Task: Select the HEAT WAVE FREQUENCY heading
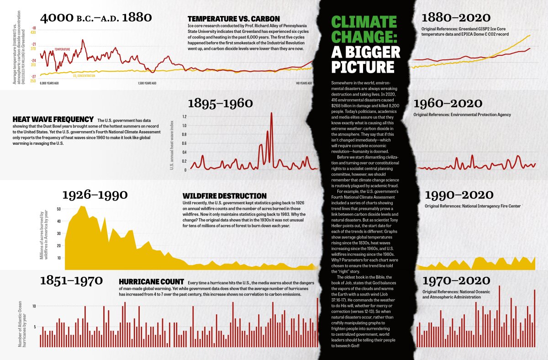pos(53,119)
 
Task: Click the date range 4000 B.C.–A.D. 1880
pos(96,18)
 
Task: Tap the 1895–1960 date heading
pos(220,103)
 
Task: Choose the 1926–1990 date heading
pos(95,195)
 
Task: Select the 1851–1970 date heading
pos(71,280)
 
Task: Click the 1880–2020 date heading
pos(456,18)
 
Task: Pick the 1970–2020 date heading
pos(456,280)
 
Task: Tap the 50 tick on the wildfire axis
pos(58,209)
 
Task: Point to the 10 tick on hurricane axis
pos(34,306)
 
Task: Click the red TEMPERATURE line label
pos(62,48)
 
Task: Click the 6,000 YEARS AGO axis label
pos(50,84)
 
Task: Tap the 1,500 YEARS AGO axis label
pos(147,84)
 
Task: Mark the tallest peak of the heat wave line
pos(272,113)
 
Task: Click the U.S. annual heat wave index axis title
pos(172,142)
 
